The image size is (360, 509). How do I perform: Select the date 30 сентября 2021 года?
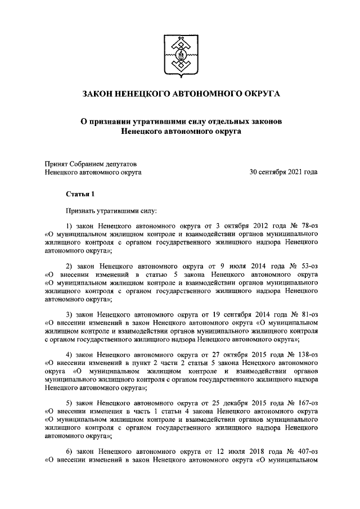coord(283,172)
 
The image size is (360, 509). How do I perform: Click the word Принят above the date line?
coord(57,164)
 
